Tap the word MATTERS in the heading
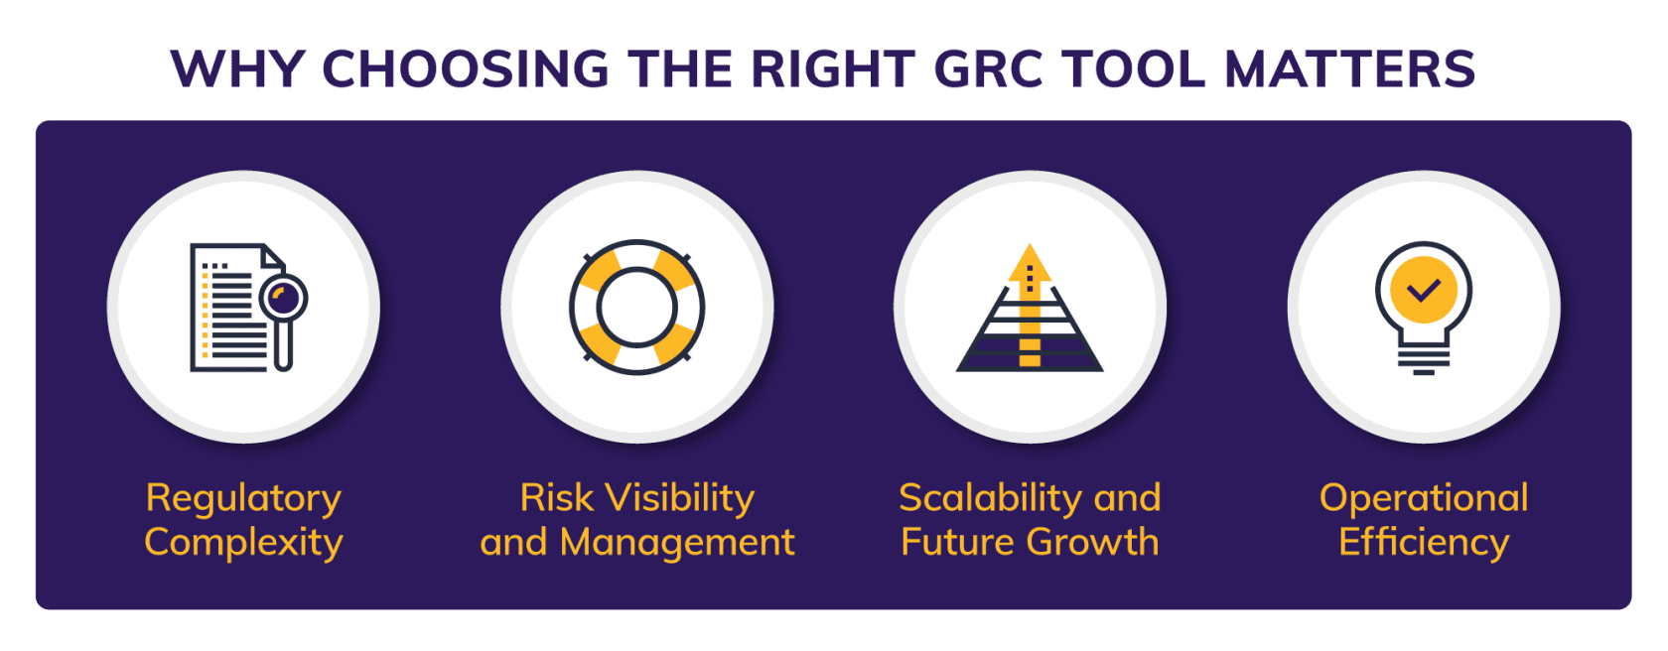tap(1349, 69)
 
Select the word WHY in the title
tap(236, 69)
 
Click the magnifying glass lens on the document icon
tap(284, 299)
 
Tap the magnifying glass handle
tap(283, 345)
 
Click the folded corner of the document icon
tap(273, 255)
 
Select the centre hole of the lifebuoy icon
tap(636, 308)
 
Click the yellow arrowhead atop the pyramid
tap(1030, 263)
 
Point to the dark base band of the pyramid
tap(1030, 362)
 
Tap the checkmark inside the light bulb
tap(1424, 289)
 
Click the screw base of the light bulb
tap(1424, 361)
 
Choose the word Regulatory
tap(243, 498)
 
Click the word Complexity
tap(243, 543)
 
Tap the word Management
tap(677, 542)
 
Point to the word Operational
tap(1424, 498)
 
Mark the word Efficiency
tap(1424, 543)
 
